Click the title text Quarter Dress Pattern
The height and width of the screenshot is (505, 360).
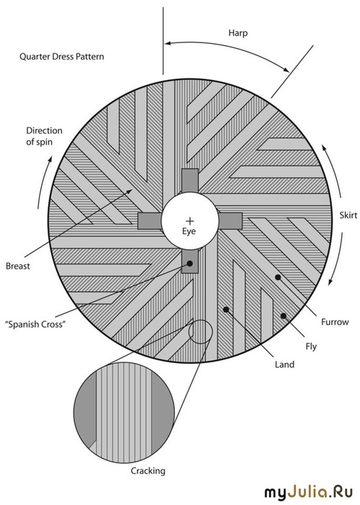click(62, 57)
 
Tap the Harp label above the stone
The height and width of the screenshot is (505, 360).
click(238, 33)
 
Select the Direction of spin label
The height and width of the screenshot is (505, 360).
click(44, 136)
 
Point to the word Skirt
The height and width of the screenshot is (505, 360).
click(348, 215)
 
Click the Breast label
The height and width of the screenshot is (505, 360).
click(18, 266)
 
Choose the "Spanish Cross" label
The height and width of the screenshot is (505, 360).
click(35, 324)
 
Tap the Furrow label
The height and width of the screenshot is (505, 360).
click(335, 322)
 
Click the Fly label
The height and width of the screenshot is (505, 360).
click(311, 347)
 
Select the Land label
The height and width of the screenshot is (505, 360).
click(284, 365)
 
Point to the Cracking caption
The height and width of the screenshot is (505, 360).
click(148, 471)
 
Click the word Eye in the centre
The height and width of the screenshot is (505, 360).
click(189, 231)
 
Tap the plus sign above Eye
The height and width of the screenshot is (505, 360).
click(190, 220)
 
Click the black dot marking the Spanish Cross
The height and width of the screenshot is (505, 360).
click(189, 264)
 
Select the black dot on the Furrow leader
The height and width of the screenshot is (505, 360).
click(278, 277)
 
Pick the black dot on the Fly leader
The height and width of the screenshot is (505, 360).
click(284, 316)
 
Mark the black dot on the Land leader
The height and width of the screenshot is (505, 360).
click(226, 310)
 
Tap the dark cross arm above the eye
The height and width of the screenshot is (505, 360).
click(189, 181)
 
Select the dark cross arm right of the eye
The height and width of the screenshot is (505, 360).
click(230, 221)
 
